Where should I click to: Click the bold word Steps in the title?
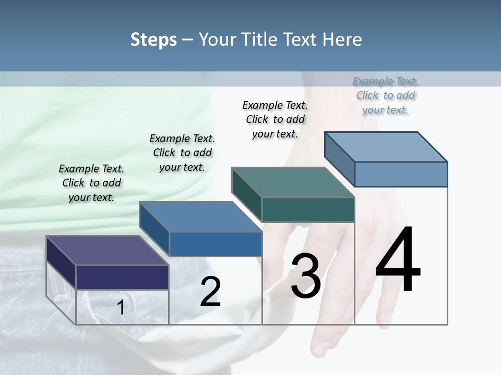click(x=153, y=40)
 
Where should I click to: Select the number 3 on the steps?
click(x=305, y=276)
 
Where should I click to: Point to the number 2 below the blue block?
click(x=210, y=292)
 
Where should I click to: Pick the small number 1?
click(x=121, y=308)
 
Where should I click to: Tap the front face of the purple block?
click(x=122, y=277)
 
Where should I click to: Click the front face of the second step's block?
click(x=216, y=244)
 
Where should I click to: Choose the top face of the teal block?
click(x=293, y=182)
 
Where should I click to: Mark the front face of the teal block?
click(x=308, y=209)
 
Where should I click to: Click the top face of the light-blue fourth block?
click(x=386, y=146)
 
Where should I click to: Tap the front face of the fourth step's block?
click(x=401, y=174)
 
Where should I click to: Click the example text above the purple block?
click(x=91, y=183)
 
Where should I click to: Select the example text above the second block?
click(x=182, y=153)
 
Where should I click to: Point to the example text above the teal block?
click(x=275, y=119)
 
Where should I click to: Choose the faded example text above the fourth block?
click(x=385, y=95)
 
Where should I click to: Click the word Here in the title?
click(x=342, y=40)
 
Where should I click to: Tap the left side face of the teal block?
click(x=246, y=195)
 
